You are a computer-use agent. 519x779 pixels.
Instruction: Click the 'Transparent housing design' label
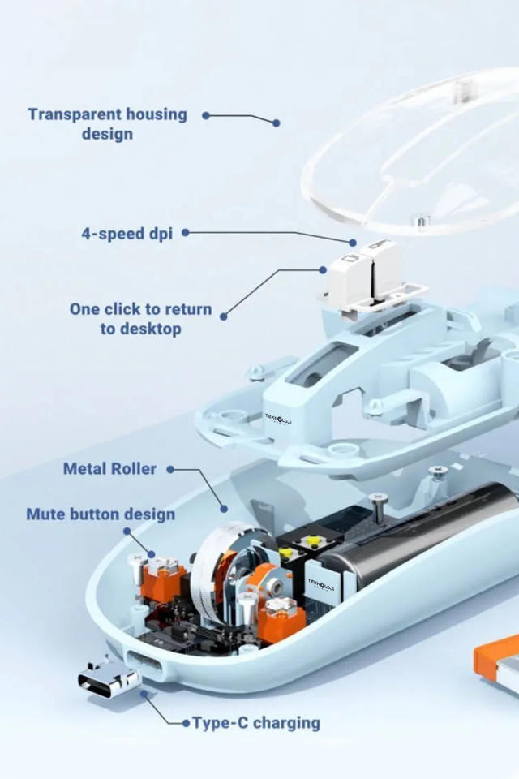[107, 123]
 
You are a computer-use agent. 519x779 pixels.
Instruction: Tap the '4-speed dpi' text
[127, 233]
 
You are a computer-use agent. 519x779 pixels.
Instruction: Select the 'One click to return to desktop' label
[140, 318]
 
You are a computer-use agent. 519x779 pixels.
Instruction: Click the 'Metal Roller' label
[109, 468]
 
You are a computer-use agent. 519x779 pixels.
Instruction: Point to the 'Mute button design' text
[101, 514]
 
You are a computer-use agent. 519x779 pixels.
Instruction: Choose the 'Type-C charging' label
[256, 723]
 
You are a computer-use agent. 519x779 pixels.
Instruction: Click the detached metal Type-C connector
[109, 678]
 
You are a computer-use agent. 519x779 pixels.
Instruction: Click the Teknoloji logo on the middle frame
[278, 419]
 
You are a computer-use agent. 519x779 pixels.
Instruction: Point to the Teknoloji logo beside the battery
[321, 583]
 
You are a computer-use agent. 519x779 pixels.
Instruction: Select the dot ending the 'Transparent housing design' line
[277, 123]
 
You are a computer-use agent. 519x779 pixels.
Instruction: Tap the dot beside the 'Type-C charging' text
[186, 723]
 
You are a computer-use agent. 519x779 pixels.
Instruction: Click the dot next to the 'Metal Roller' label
[170, 469]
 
